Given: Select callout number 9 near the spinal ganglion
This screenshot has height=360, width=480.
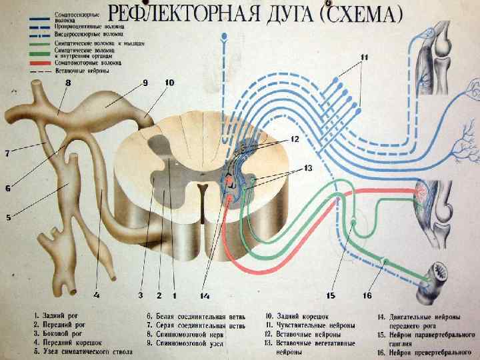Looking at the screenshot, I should point(145,83).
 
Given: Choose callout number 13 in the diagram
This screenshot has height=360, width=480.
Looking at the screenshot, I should point(307,169).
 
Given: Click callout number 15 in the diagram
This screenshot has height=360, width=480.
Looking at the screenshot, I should point(331,295).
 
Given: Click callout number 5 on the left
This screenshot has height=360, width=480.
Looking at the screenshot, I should point(8,217).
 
